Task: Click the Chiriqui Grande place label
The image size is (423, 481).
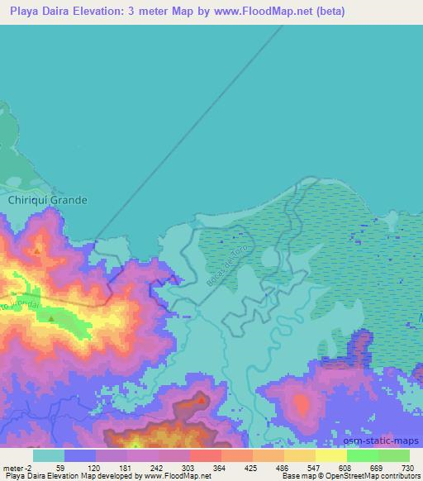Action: (x=47, y=200)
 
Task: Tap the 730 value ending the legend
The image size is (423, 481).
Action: (x=406, y=467)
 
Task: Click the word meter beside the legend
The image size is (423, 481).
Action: (x=13, y=467)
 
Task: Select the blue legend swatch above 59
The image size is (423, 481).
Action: (x=80, y=455)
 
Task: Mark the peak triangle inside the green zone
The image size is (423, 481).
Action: (x=51, y=318)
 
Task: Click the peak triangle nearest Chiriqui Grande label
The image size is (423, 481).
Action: (x=37, y=249)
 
